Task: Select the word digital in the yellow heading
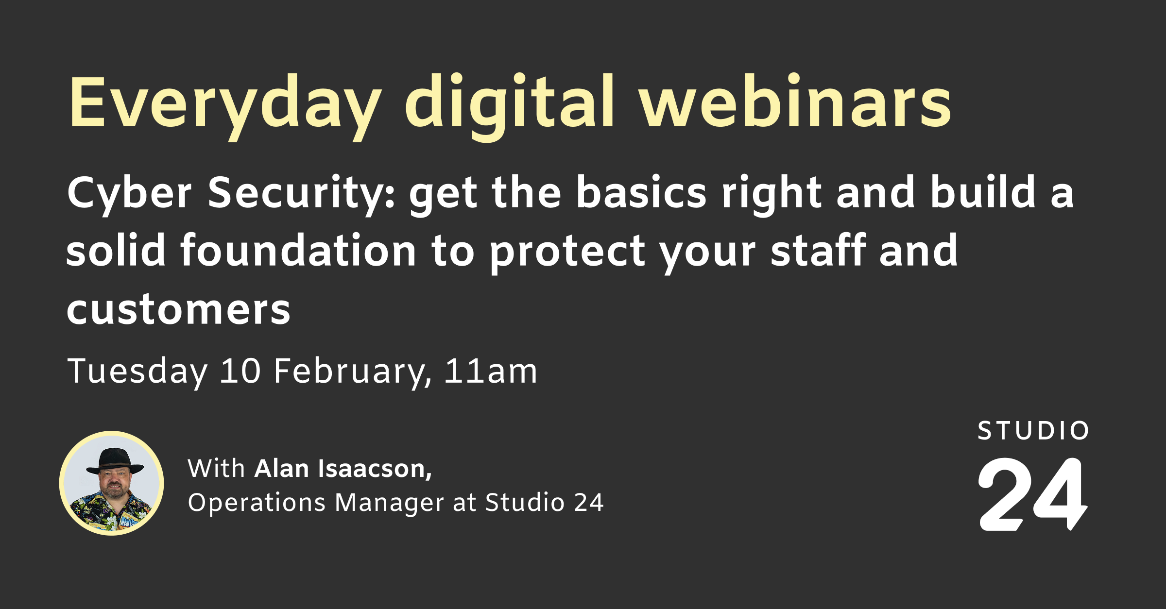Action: tap(510, 103)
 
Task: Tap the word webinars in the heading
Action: tap(795, 103)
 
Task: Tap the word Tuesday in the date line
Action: tap(137, 372)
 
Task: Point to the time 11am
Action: tap(491, 372)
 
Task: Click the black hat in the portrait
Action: tap(115, 460)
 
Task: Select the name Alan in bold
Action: tap(282, 469)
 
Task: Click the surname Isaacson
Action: tap(374, 469)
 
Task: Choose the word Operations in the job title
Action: tap(257, 502)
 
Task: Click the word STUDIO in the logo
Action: tap(1033, 431)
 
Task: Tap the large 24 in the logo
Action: tap(1032, 494)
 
